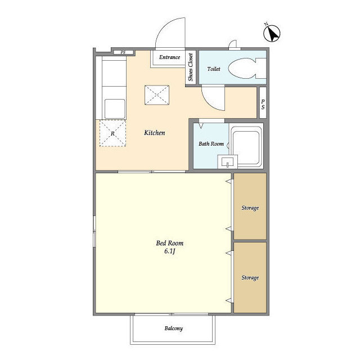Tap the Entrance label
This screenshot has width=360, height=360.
169,57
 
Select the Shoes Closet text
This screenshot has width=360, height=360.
191,68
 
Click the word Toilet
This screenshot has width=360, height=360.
214,69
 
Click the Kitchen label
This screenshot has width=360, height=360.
154,133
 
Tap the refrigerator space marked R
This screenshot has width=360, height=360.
113,134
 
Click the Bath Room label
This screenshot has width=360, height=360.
211,144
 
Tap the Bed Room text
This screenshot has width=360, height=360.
170,243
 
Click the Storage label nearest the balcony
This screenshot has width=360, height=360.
250,278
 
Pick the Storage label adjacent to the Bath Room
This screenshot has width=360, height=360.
250,208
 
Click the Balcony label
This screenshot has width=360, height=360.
173,328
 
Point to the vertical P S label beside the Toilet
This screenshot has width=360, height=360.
262,104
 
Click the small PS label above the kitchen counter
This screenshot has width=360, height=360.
123,53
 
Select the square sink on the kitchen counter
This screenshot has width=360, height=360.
115,107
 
